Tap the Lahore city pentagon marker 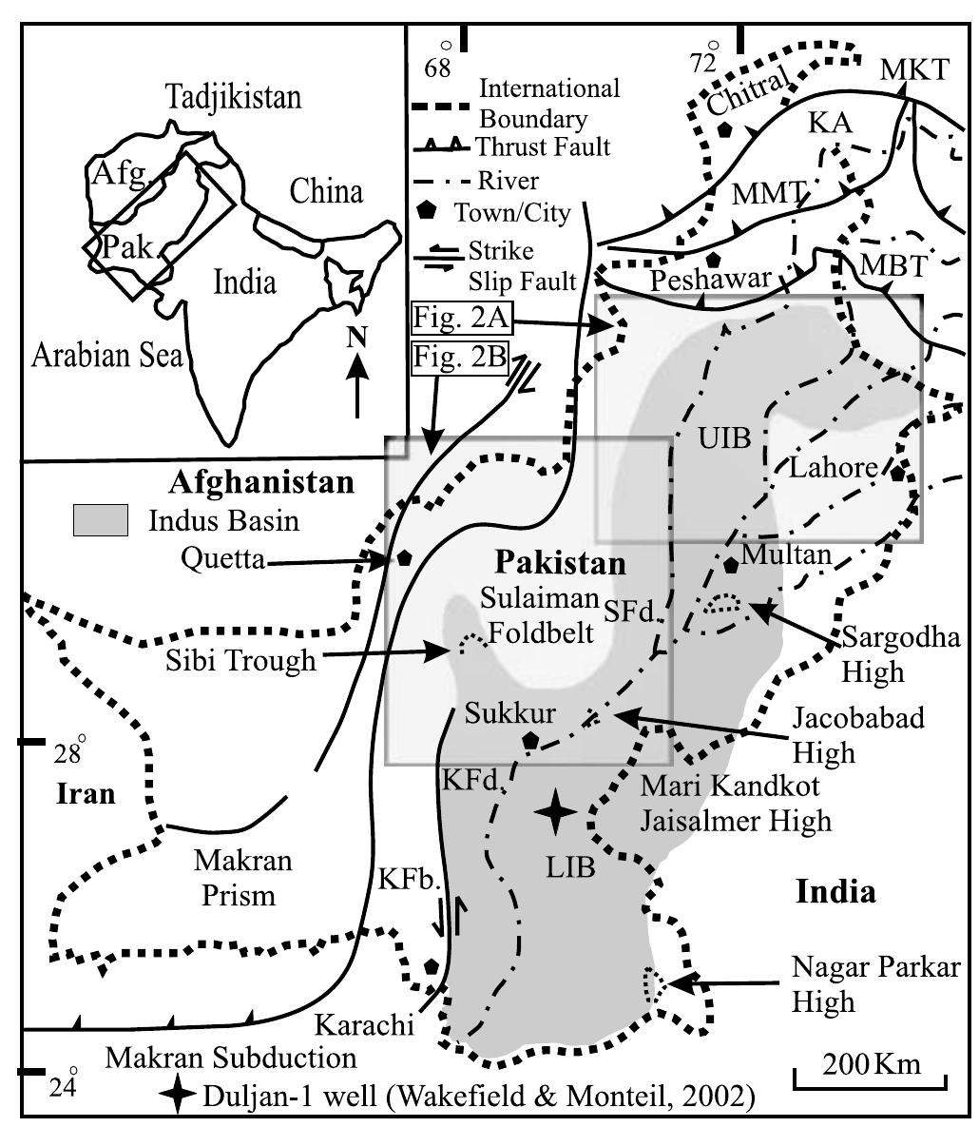(896, 474)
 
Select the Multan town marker (731, 565)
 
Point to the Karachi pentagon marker (432, 967)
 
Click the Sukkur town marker (531, 741)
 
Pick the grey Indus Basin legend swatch (100, 521)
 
